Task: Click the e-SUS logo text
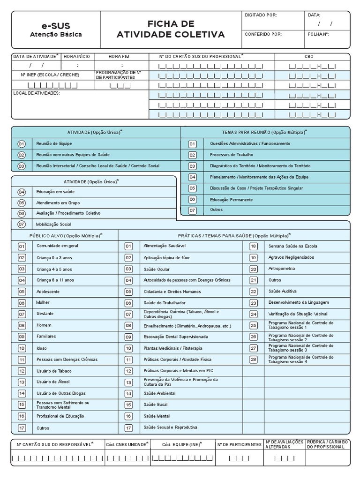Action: point(56,25)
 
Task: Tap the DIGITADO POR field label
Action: point(261,15)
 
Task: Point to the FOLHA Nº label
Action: point(318,34)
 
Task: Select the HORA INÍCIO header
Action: point(76,56)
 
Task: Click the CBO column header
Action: point(309,56)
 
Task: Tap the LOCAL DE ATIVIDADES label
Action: point(37,93)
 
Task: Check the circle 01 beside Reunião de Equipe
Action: point(22,143)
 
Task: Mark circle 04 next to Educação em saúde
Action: point(22,192)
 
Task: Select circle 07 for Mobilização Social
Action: point(22,224)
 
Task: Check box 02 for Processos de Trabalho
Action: point(192,155)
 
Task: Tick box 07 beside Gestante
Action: point(22,314)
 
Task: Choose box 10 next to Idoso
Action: point(22,348)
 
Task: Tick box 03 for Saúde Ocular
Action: point(128,269)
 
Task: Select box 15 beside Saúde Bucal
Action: point(128,405)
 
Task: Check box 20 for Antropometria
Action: point(254,269)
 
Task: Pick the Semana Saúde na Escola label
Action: point(292,246)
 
